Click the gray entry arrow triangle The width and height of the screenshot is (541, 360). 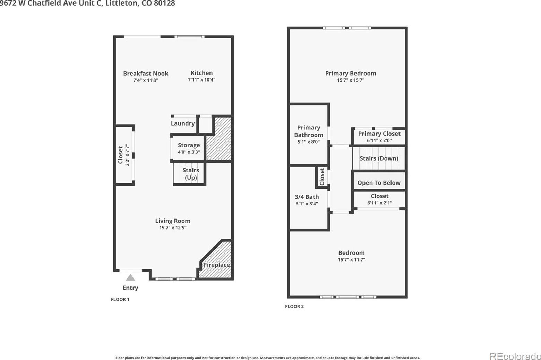130,277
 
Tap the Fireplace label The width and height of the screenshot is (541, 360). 217,265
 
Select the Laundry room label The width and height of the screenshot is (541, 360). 182,123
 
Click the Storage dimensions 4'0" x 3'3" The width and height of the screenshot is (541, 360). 189,152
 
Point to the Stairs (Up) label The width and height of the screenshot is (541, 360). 191,174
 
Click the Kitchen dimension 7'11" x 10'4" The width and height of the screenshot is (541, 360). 201,80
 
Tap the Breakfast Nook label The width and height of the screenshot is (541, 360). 146,73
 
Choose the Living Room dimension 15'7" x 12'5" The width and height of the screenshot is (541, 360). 173,228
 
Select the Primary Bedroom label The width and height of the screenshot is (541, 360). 351,73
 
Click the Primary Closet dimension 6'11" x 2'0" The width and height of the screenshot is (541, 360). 379,140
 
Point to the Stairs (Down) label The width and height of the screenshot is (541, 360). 379,158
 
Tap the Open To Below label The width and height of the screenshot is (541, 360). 379,183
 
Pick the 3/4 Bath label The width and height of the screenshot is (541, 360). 307,197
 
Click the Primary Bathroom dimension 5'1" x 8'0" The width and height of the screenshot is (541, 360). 309,142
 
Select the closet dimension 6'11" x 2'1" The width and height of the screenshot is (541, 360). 380,203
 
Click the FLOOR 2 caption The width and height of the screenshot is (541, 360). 294,306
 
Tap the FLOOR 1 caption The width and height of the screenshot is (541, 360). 120,299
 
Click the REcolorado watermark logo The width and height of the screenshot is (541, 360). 515,357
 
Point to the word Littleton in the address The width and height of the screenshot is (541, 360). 121,3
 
